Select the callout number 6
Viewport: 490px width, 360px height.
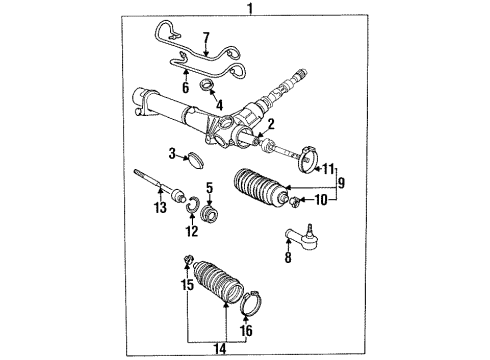coord(184,87)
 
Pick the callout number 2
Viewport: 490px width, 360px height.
coord(270,125)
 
